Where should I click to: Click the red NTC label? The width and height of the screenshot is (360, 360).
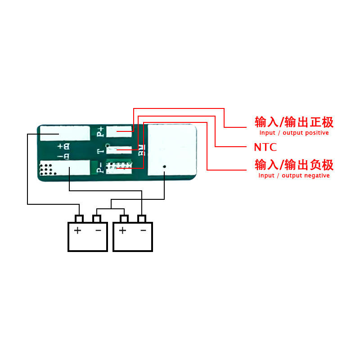click(x=265, y=147)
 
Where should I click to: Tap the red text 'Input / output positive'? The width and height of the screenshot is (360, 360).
click(x=294, y=133)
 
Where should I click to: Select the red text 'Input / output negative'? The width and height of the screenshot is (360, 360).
click(x=294, y=175)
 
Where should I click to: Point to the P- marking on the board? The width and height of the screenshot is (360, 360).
click(x=100, y=168)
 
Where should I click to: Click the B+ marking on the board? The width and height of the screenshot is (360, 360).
click(x=63, y=146)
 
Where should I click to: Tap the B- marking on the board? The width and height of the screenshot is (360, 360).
click(x=63, y=157)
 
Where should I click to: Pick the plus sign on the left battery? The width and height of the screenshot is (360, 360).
click(x=78, y=231)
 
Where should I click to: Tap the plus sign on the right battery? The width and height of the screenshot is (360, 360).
click(x=122, y=231)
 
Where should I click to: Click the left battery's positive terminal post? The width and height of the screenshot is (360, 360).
click(x=79, y=219)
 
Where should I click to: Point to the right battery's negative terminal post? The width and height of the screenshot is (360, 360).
click(x=142, y=219)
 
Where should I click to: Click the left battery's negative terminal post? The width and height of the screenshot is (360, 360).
click(x=97, y=219)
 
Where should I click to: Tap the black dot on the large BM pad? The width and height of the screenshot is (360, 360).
click(x=165, y=167)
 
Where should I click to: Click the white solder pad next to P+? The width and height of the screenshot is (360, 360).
click(x=119, y=131)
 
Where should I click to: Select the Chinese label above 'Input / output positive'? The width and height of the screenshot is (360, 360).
click(x=294, y=122)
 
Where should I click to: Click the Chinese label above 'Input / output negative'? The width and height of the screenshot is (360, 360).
click(x=294, y=164)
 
